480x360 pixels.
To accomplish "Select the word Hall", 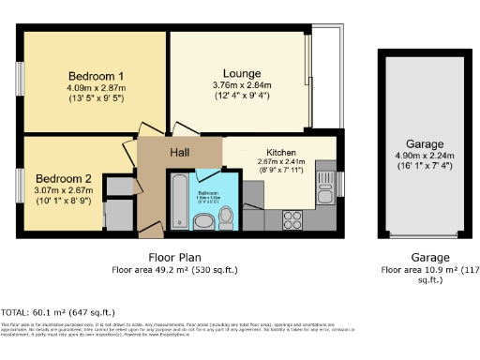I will (180, 152).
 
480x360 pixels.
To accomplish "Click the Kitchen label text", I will (281, 152).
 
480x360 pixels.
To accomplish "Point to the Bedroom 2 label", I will (64, 177).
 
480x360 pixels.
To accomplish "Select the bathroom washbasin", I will (202, 221).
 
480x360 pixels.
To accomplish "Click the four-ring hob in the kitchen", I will (292, 219).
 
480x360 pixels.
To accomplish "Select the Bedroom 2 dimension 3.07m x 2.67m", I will (64, 189).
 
